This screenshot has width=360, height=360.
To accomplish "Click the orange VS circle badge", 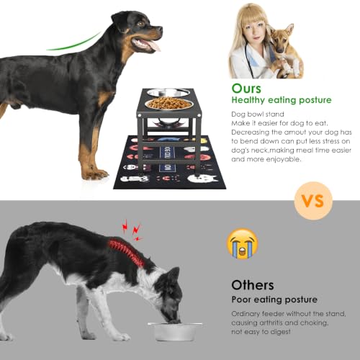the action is point(313,201).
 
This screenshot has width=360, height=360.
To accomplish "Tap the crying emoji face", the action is point(243,243).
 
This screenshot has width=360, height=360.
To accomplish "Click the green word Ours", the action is point(246,89).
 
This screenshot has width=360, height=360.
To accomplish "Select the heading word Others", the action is point(253,285).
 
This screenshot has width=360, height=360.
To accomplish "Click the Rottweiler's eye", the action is point(141,24).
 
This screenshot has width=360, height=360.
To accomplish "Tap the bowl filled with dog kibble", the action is point(169,104).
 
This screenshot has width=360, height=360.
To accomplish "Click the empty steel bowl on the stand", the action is point(168,93).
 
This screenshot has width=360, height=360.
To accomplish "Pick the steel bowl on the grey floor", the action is point(175,331).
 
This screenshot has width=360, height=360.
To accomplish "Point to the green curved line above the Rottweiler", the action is point(74,42).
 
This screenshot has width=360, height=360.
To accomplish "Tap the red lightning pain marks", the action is point(132,230).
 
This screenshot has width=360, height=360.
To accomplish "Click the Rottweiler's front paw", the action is point(95,174).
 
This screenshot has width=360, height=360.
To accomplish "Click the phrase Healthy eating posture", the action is point(282,100).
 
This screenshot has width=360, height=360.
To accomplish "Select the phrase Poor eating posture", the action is point(274,300).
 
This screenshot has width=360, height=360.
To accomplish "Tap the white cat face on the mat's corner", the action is point(202,179).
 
